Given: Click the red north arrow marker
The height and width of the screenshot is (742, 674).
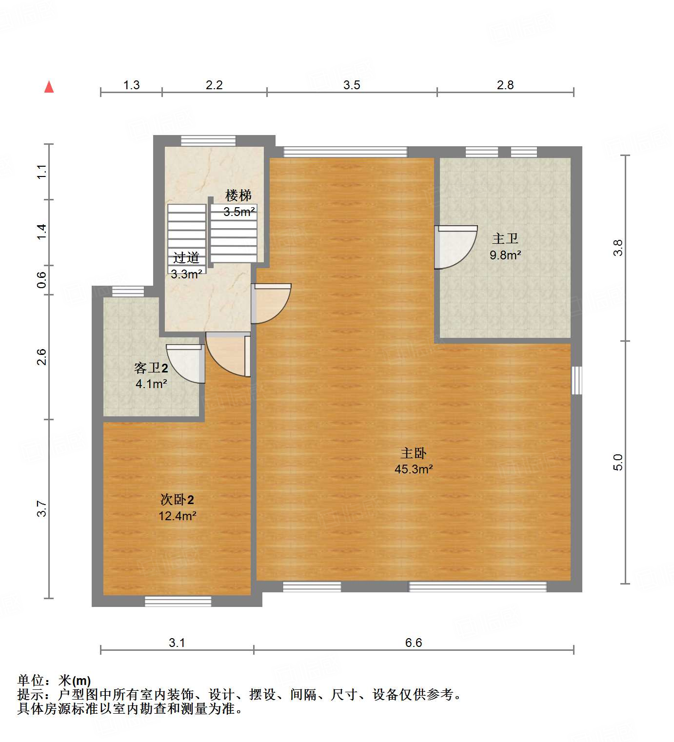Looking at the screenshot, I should pyautogui.click(x=49, y=87).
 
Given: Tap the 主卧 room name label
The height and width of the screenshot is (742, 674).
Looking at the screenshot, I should pyautogui.click(x=413, y=453).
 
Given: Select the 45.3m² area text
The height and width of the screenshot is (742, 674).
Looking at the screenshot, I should pyautogui.click(x=414, y=469).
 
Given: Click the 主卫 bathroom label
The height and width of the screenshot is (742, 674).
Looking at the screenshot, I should pyautogui.click(x=505, y=238).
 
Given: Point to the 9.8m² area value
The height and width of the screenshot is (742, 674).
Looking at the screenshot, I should pyautogui.click(x=505, y=255).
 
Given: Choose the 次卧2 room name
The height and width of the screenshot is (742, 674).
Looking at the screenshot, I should pyautogui.click(x=177, y=500).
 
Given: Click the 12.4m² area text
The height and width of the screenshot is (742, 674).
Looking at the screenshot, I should pyautogui.click(x=177, y=516).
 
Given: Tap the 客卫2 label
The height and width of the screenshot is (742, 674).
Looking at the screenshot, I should pyautogui.click(x=151, y=368).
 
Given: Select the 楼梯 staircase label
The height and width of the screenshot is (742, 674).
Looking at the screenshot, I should pyautogui.click(x=238, y=195).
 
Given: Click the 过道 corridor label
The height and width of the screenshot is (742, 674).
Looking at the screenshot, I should pyautogui.click(x=186, y=257).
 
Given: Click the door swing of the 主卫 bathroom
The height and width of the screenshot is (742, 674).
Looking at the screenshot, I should pyautogui.click(x=455, y=247).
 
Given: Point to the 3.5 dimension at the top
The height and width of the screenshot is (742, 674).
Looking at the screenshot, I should pyautogui.click(x=351, y=85).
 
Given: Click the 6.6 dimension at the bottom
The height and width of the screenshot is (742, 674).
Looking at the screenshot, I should pyautogui.click(x=413, y=643).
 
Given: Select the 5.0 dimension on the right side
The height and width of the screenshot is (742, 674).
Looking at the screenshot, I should pyautogui.click(x=618, y=462).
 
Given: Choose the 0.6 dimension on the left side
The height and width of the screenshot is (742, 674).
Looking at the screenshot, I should pyautogui.click(x=42, y=280).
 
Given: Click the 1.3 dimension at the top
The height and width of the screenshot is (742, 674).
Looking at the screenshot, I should pyautogui.click(x=131, y=85).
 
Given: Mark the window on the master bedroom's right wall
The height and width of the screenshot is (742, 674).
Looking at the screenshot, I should pyautogui.click(x=576, y=380).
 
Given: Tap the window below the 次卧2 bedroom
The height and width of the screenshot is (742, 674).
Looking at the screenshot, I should pyautogui.click(x=178, y=601).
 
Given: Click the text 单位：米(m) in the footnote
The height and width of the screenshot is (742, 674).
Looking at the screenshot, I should pyautogui.click(x=54, y=680).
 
